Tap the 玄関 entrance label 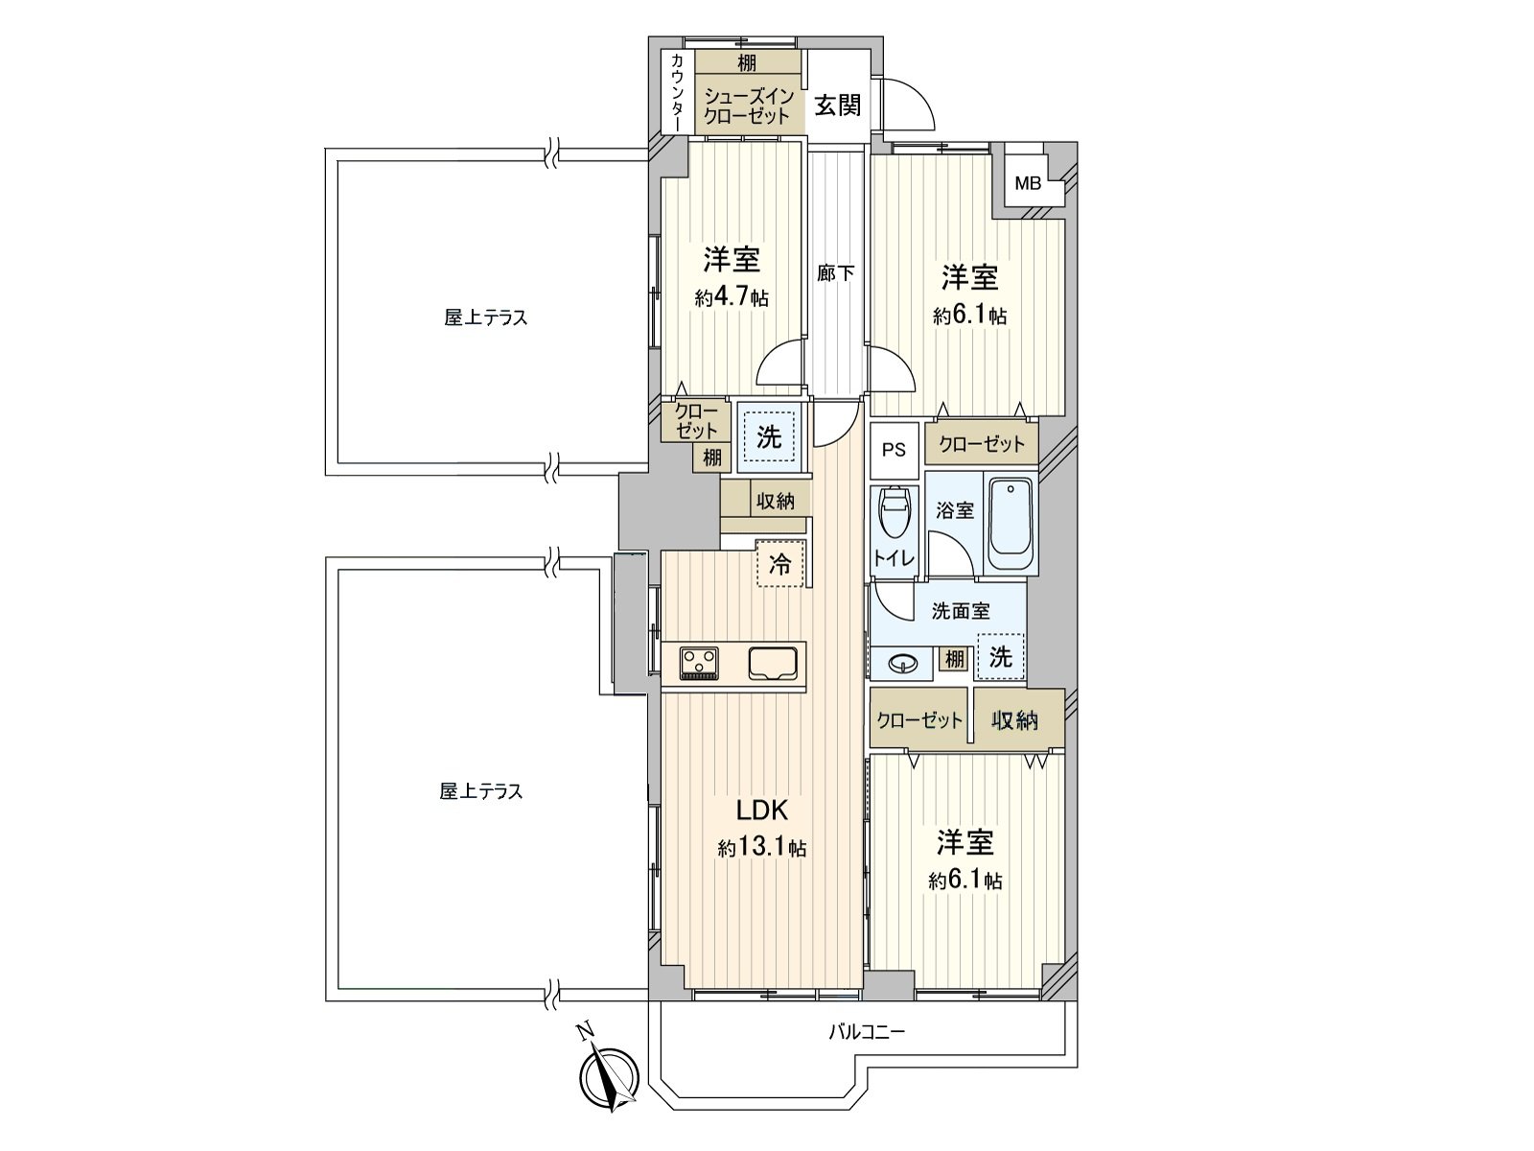point(837,106)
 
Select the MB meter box point(1028,183)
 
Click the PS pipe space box point(894,450)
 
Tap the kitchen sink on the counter point(773,663)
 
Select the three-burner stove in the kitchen point(699,663)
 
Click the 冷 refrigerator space point(781,564)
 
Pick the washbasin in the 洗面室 point(901,662)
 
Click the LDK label point(761,810)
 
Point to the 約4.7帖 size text point(732,297)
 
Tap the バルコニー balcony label point(866,1033)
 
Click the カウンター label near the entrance point(677,92)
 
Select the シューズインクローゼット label point(748,106)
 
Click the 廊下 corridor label point(835,273)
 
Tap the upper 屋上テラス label point(485,317)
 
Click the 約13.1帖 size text point(761,848)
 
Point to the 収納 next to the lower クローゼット point(1014,719)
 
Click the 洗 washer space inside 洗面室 point(1000,657)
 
